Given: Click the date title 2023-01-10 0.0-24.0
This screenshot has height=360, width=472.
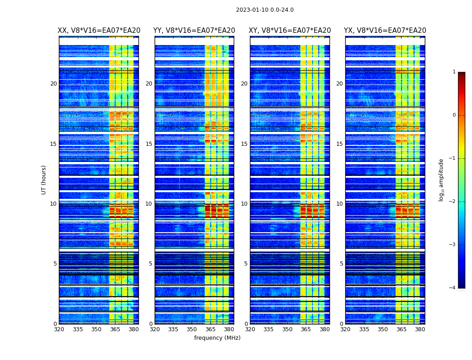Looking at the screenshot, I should pyautogui.click(x=265, y=10).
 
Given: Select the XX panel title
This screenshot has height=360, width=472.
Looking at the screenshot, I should pyautogui.click(x=99, y=31).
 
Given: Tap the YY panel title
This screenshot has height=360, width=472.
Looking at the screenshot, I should pyautogui.click(x=194, y=31).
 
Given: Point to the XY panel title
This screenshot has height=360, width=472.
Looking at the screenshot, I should pyautogui.click(x=290, y=31).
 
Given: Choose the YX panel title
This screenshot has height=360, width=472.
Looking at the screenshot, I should pyautogui.click(x=385, y=31).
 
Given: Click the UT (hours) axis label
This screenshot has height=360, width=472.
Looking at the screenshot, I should pyautogui.click(x=44, y=180).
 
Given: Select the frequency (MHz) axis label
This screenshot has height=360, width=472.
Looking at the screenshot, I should pyautogui.click(x=217, y=338).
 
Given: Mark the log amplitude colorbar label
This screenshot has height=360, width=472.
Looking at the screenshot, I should pyautogui.click(x=441, y=180).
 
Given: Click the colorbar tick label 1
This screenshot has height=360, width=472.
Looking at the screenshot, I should pyautogui.click(x=454, y=72).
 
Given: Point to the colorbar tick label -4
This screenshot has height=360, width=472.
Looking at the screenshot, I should pyautogui.click(x=453, y=288).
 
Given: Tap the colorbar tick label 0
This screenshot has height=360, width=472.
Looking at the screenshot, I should pyautogui.click(x=454, y=115).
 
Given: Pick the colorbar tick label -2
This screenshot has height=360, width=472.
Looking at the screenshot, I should pyautogui.click(x=453, y=202).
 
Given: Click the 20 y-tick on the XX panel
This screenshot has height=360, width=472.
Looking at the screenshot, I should pyautogui.click(x=53, y=84).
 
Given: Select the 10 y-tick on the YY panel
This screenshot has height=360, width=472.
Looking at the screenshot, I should pyautogui.click(x=149, y=204).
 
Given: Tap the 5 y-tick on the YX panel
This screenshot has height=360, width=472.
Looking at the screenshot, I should pyautogui.click(x=342, y=264).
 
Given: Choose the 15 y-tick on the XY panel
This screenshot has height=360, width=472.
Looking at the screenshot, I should pyautogui.click(x=244, y=144).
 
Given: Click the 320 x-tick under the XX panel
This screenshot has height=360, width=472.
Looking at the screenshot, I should pyautogui.click(x=59, y=329).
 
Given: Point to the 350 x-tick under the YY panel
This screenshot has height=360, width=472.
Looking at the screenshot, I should pyautogui.click(x=192, y=329).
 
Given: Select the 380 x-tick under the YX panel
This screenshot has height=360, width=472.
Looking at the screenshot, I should pyautogui.click(x=420, y=329).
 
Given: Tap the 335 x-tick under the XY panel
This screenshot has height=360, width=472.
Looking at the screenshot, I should pyautogui.click(x=269, y=329).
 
